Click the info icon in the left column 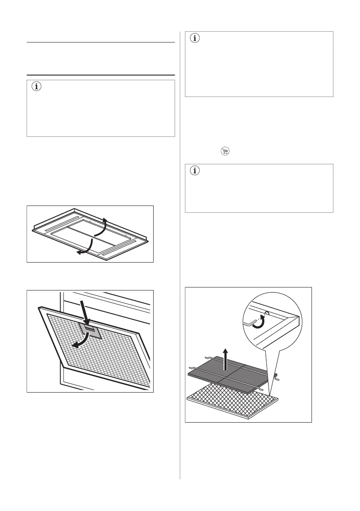coord(36,86)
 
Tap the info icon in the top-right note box coord(195,38)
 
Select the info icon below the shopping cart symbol coord(195,171)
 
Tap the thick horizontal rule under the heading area coord(101,75)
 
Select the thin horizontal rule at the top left coord(101,42)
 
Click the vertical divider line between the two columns coord(180,257)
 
